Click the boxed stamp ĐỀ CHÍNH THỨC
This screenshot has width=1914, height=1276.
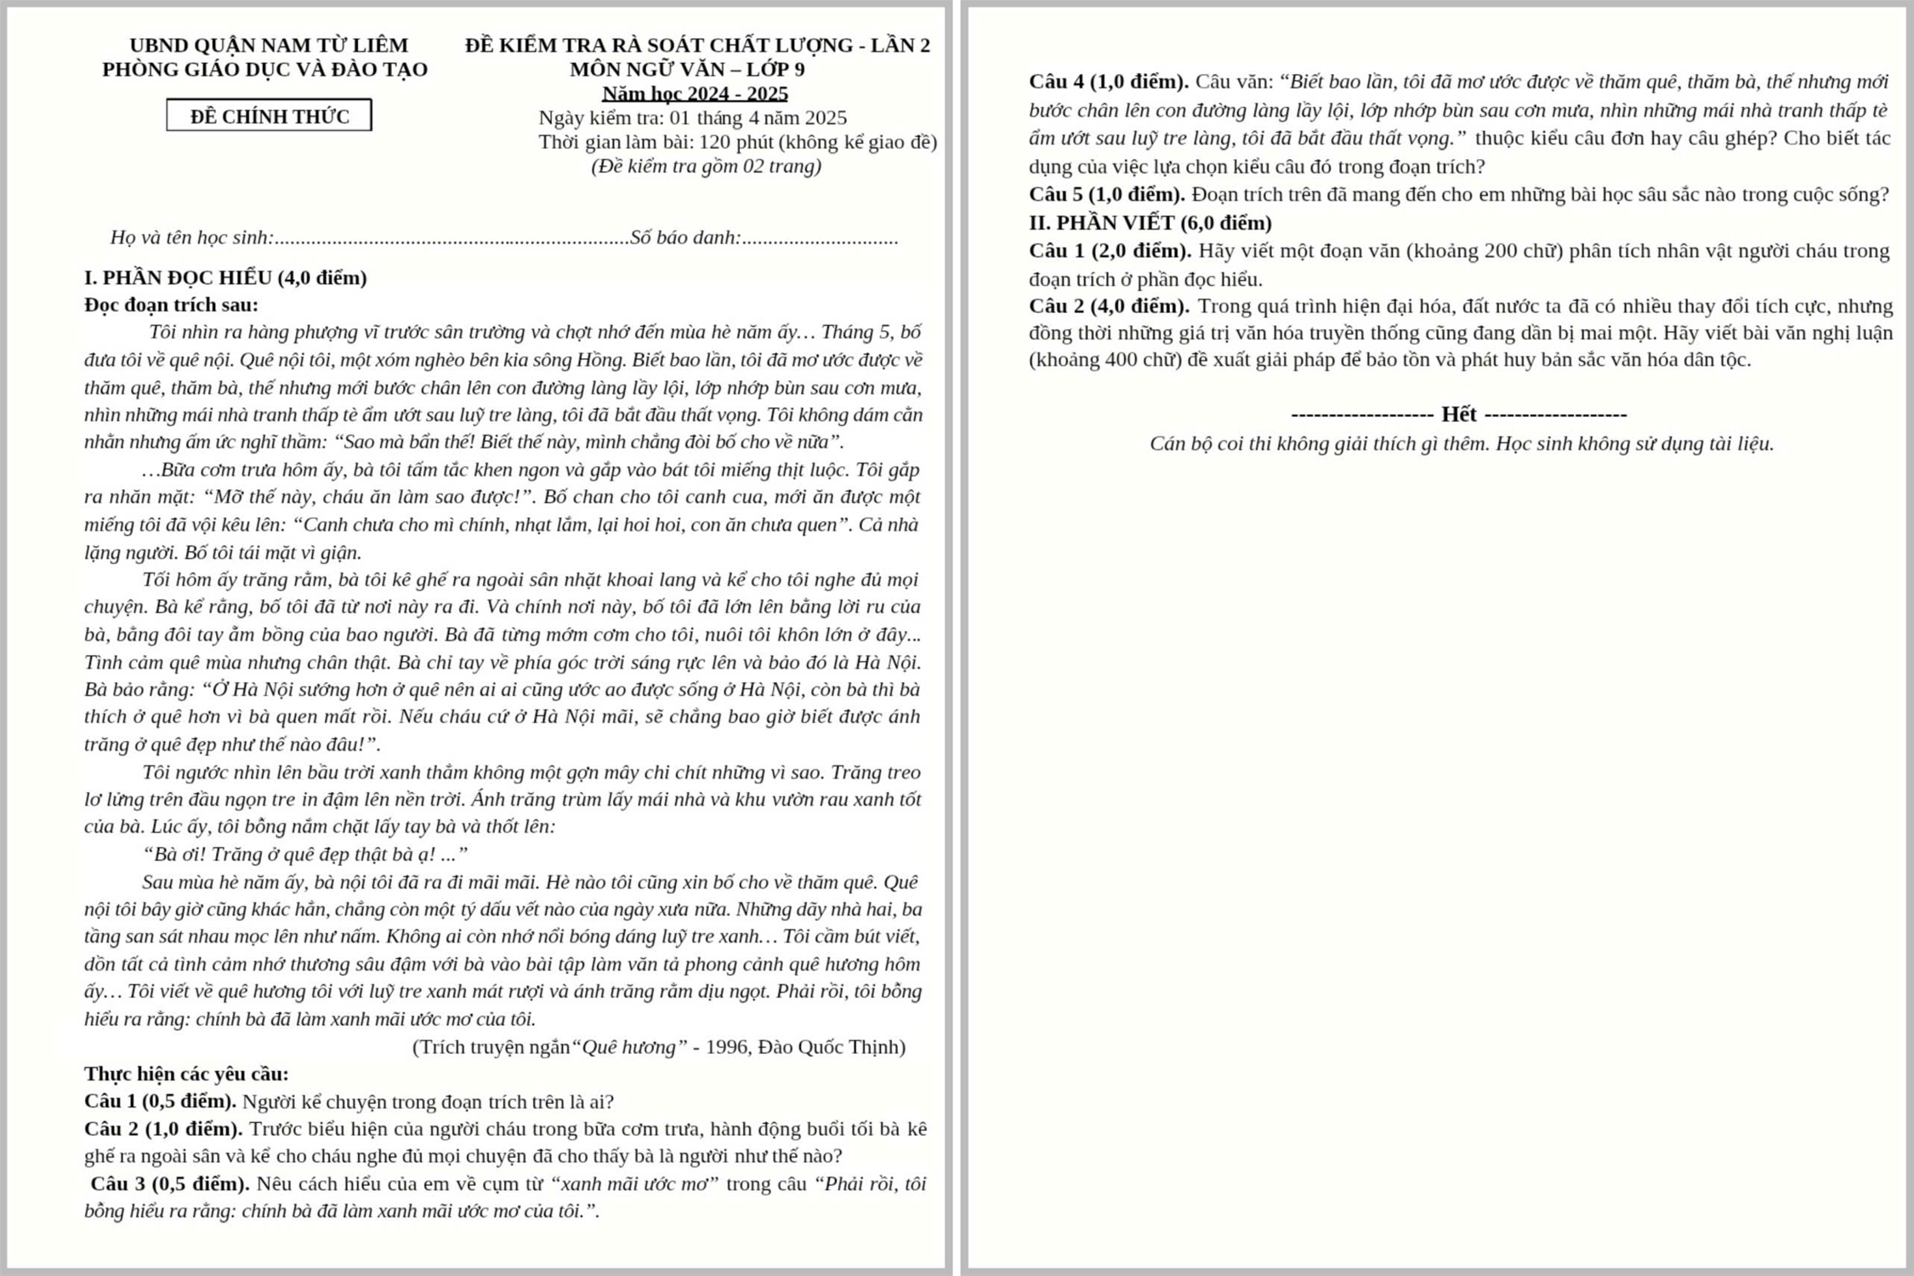pos(269,116)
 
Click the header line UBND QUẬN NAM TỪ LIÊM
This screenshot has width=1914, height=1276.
pos(269,45)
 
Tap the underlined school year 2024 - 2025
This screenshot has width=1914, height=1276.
pos(695,94)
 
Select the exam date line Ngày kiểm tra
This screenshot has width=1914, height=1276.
pos(692,117)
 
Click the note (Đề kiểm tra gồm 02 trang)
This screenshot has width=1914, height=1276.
pos(706,166)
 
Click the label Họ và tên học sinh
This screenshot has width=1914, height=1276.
pos(192,238)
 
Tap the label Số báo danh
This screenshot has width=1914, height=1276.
pos(685,238)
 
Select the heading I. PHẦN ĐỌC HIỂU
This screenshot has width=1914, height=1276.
pos(225,278)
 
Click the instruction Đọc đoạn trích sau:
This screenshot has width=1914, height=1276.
pos(171,305)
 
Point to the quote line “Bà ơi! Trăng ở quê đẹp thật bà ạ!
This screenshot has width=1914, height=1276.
pos(304,854)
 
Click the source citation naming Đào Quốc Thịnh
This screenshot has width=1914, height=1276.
pos(658,1047)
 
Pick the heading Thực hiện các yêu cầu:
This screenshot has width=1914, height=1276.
pos(186,1074)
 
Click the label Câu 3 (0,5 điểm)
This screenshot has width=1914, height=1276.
pos(170,1184)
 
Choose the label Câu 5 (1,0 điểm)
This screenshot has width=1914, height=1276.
pos(1106,195)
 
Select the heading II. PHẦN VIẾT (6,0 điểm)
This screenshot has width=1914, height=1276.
pos(1150,223)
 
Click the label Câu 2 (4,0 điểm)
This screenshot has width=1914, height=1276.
pos(1109,306)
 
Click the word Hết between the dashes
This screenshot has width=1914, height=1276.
pos(1458,415)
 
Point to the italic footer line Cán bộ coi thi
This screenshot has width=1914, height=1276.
pos(1461,444)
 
